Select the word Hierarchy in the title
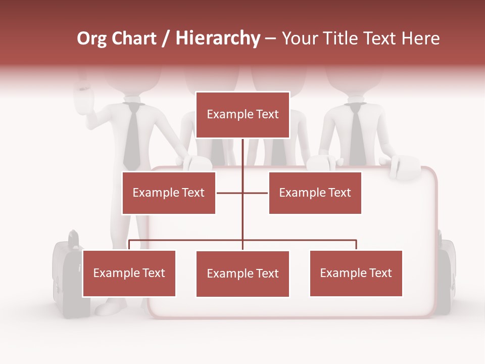[x=218, y=38]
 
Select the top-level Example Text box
[x=243, y=115]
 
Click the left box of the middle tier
[x=169, y=193]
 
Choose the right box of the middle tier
[x=315, y=193]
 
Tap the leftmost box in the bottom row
[x=129, y=274]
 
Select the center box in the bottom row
[x=243, y=274]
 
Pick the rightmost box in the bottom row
[x=356, y=274]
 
